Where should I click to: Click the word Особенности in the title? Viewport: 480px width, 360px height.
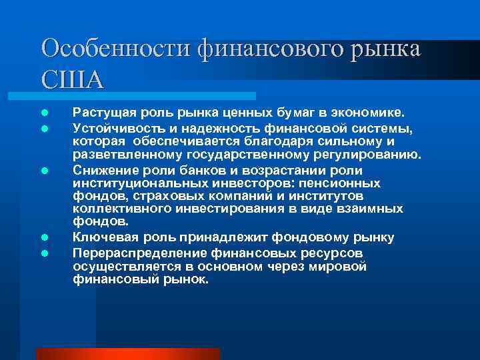point(116,49)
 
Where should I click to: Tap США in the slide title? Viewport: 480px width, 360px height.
point(72,79)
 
